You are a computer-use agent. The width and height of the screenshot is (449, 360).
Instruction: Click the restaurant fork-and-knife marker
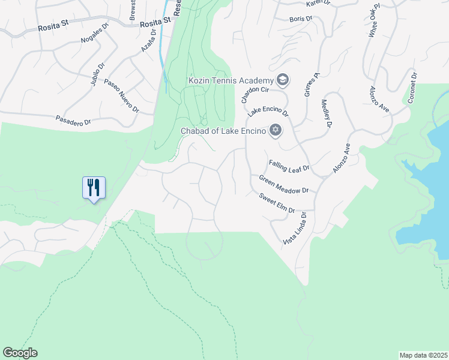click(x=93, y=187)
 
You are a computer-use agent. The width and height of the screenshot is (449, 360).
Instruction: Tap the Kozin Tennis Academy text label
click(x=231, y=80)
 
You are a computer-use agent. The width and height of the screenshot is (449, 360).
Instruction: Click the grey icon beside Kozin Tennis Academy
click(x=282, y=80)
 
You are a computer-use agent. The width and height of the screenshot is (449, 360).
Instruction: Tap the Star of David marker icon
click(x=276, y=130)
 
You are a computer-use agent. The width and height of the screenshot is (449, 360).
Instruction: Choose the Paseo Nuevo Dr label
click(x=121, y=95)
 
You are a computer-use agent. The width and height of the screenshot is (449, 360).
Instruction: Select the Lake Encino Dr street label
click(x=269, y=112)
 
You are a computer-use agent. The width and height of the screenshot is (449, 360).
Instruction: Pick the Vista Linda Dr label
click(x=294, y=228)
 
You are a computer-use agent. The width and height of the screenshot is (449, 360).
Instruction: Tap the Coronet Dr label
click(x=412, y=88)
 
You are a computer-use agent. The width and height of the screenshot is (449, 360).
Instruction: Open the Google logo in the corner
click(x=20, y=353)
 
